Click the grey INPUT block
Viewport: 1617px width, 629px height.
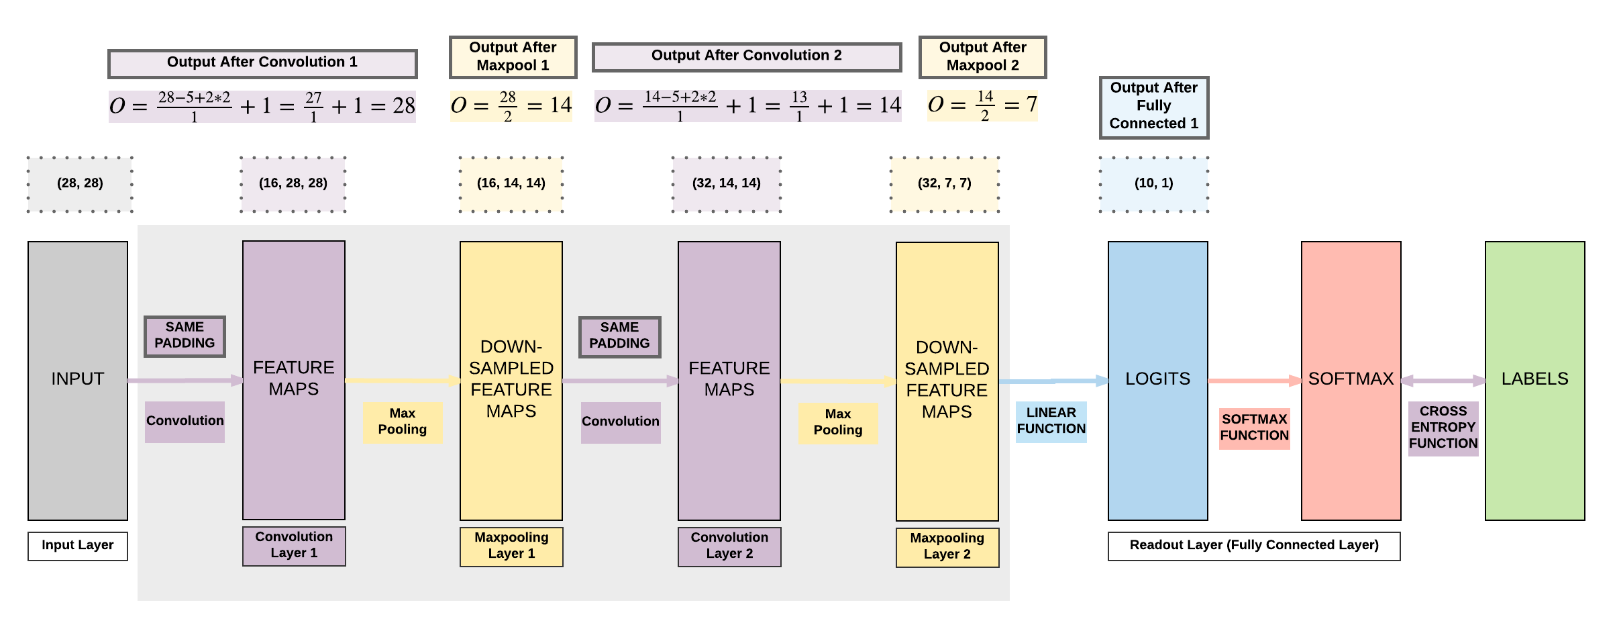tap(78, 380)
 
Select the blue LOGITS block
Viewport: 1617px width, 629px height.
tap(1157, 380)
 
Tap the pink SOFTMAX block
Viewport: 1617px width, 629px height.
tap(1351, 380)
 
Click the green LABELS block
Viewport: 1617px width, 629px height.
tap(1534, 380)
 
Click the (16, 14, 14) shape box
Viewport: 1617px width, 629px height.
tap(511, 183)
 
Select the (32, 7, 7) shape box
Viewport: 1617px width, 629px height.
tap(944, 183)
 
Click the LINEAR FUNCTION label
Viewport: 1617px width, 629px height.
tap(1051, 421)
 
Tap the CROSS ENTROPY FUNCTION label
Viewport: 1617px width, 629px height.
tap(1443, 428)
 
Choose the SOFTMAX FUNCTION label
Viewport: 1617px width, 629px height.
tap(1254, 428)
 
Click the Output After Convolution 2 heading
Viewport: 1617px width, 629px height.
tap(746, 56)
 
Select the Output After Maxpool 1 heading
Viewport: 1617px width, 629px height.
tap(513, 57)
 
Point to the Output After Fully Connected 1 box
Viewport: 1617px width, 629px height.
tap(1153, 107)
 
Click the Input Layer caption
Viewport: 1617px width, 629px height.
tap(78, 545)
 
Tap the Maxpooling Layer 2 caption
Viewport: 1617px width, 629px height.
tap(947, 546)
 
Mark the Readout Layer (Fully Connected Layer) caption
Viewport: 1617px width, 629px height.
tap(1253, 545)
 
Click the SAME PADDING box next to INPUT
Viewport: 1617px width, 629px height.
tap(185, 336)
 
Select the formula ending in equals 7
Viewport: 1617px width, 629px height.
tap(982, 105)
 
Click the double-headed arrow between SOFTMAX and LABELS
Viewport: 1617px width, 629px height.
tap(1443, 381)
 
